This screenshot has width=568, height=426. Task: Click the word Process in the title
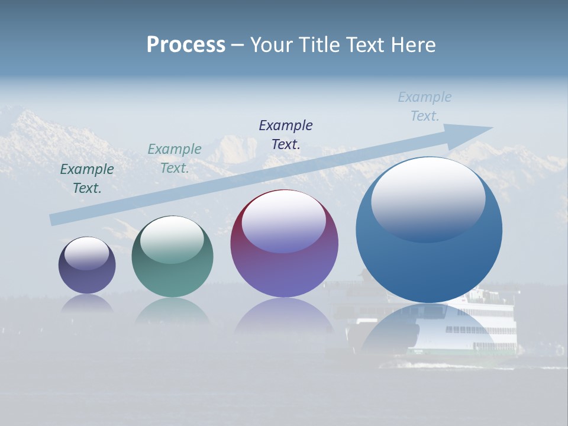tap(186, 44)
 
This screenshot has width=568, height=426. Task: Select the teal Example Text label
tap(175, 159)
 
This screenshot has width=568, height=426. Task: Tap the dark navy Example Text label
tap(286, 135)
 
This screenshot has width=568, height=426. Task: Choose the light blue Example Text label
tap(425, 106)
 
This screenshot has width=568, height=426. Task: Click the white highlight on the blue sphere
tap(428, 198)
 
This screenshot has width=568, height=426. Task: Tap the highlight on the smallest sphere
tap(87, 253)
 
